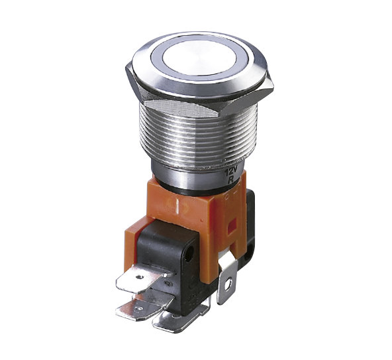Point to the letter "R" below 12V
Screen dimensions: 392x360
(231, 180)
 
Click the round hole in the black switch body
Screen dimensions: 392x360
(189, 254)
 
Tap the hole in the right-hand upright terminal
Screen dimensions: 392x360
(228, 284)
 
